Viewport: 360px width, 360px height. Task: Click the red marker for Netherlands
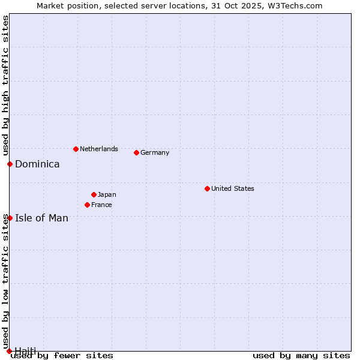pos(76,149)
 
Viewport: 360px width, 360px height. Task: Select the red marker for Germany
pos(136,152)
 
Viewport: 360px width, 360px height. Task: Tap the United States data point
pos(207,188)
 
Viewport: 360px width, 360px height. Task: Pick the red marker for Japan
pos(94,194)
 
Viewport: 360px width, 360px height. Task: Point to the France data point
pos(87,205)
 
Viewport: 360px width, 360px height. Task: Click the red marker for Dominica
pos(10,164)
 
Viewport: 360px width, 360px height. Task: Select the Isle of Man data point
pos(10,218)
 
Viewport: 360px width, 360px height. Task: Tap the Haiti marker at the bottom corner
pos(9,350)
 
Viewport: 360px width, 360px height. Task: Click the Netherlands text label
pos(99,149)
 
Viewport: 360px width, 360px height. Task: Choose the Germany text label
pos(155,152)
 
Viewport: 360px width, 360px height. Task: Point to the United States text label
pos(233,188)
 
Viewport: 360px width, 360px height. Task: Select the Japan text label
pos(107,194)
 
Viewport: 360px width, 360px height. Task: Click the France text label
pos(101,205)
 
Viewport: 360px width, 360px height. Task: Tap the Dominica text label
pos(37,164)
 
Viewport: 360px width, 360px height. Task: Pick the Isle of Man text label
pos(41,218)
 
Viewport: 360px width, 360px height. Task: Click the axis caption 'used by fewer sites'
pos(62,355)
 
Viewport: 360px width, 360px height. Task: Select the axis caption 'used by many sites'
pos(301,355)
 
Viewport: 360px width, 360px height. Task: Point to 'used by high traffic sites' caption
pos(6,85)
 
